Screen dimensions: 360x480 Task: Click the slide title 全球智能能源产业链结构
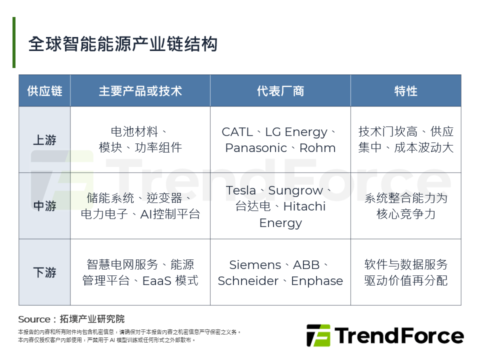click(123, 44)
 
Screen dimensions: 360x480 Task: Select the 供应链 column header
click(44, 91)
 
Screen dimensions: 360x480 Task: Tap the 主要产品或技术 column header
click(140, 91)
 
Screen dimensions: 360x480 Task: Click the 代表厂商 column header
click(280, 91)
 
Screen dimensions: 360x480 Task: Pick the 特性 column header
click(405, 91)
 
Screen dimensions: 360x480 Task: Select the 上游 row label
click(44, 140)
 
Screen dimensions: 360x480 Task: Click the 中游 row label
click(44, 206)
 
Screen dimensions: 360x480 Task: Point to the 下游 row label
click(44, 272)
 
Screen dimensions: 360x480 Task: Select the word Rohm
click(317, 148)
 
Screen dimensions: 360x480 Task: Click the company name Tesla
click(241, 190)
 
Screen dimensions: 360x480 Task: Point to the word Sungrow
click(296, 190)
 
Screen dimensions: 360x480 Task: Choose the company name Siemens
click(255, 265)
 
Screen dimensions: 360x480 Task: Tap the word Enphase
click(317, 281)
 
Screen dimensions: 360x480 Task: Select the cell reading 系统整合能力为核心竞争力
click(405, 206)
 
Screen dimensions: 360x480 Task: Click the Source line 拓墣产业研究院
click(92, 319)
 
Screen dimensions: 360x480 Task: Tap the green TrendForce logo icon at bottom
click(318, 335)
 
